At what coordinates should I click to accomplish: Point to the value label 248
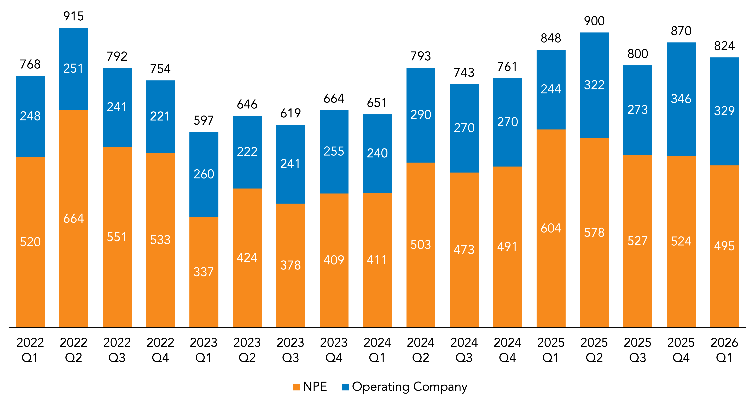click(30, 116)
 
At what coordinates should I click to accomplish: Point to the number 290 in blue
click(421, 115)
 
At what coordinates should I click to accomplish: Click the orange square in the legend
click(296, 387)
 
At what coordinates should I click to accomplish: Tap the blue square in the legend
click(346, 387)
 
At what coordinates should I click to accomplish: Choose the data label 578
click(594, 232)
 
